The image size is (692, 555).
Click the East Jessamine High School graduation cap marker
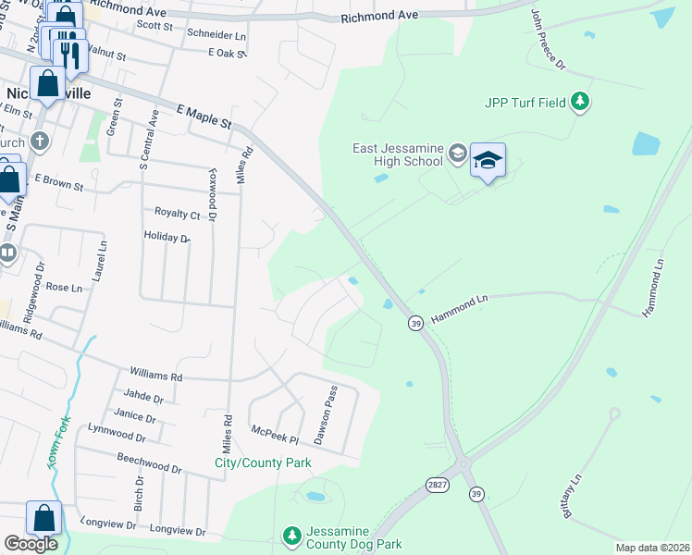tap(488, 162)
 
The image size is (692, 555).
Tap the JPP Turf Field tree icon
tap(580, 101)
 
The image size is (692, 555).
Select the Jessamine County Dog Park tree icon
tap(291, 536)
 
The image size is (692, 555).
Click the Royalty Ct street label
tap(177, 215)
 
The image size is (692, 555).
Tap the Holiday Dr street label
tap(167, 237)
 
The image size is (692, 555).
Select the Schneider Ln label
tap(216, 34)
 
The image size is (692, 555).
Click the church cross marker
tap(39, 142)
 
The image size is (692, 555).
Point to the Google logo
tap(31, 544)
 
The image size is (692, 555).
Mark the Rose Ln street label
tap(64, 288)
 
